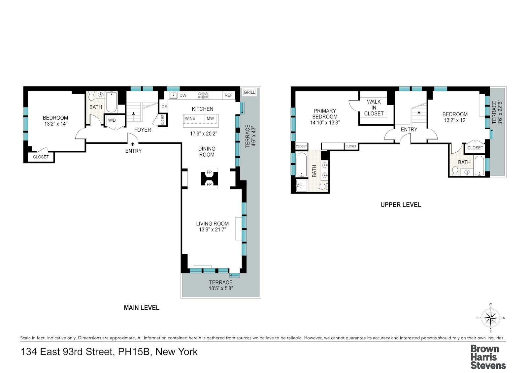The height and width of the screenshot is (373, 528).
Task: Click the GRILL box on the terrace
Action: (x=249, y=92)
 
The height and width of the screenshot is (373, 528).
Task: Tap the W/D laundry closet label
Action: (x=112, y=120)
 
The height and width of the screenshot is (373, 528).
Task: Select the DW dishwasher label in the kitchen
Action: (x=183, y=95)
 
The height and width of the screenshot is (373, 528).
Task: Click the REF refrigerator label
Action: (x=229, y=95)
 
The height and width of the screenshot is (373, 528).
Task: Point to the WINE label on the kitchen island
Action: (x=190, y=118)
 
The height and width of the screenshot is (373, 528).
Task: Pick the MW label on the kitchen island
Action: (x=210, y=118)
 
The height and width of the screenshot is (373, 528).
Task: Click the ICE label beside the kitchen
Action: (x=164, y=107)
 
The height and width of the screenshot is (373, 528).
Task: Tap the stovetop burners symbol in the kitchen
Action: (x=203, y=95)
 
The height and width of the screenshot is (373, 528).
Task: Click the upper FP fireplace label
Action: (x=209, y=172)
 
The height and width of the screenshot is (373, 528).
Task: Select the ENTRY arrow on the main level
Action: (x=133, y=144)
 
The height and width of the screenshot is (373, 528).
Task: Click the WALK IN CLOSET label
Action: (x=374, y=108)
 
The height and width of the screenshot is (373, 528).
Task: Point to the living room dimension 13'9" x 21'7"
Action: (x=212, y=230)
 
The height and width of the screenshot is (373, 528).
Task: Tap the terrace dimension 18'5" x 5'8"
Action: (x=220, y=288)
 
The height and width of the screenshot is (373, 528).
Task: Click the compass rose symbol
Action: (x=491, y=318)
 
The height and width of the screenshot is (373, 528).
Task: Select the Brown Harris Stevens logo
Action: (x=488, y=357)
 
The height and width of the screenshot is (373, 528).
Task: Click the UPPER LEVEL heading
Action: (x=401, y=205)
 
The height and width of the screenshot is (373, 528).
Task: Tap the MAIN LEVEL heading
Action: (x=142, y=308)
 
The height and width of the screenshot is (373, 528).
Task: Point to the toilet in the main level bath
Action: (x=91, y=96)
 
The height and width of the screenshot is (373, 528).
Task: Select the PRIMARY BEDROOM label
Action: (x=325, y=114)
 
